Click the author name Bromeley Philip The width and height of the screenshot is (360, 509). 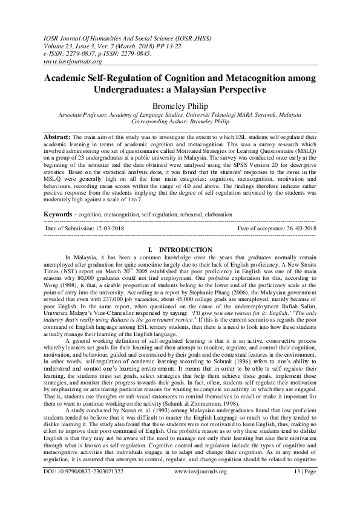click(x=179, y=105)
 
